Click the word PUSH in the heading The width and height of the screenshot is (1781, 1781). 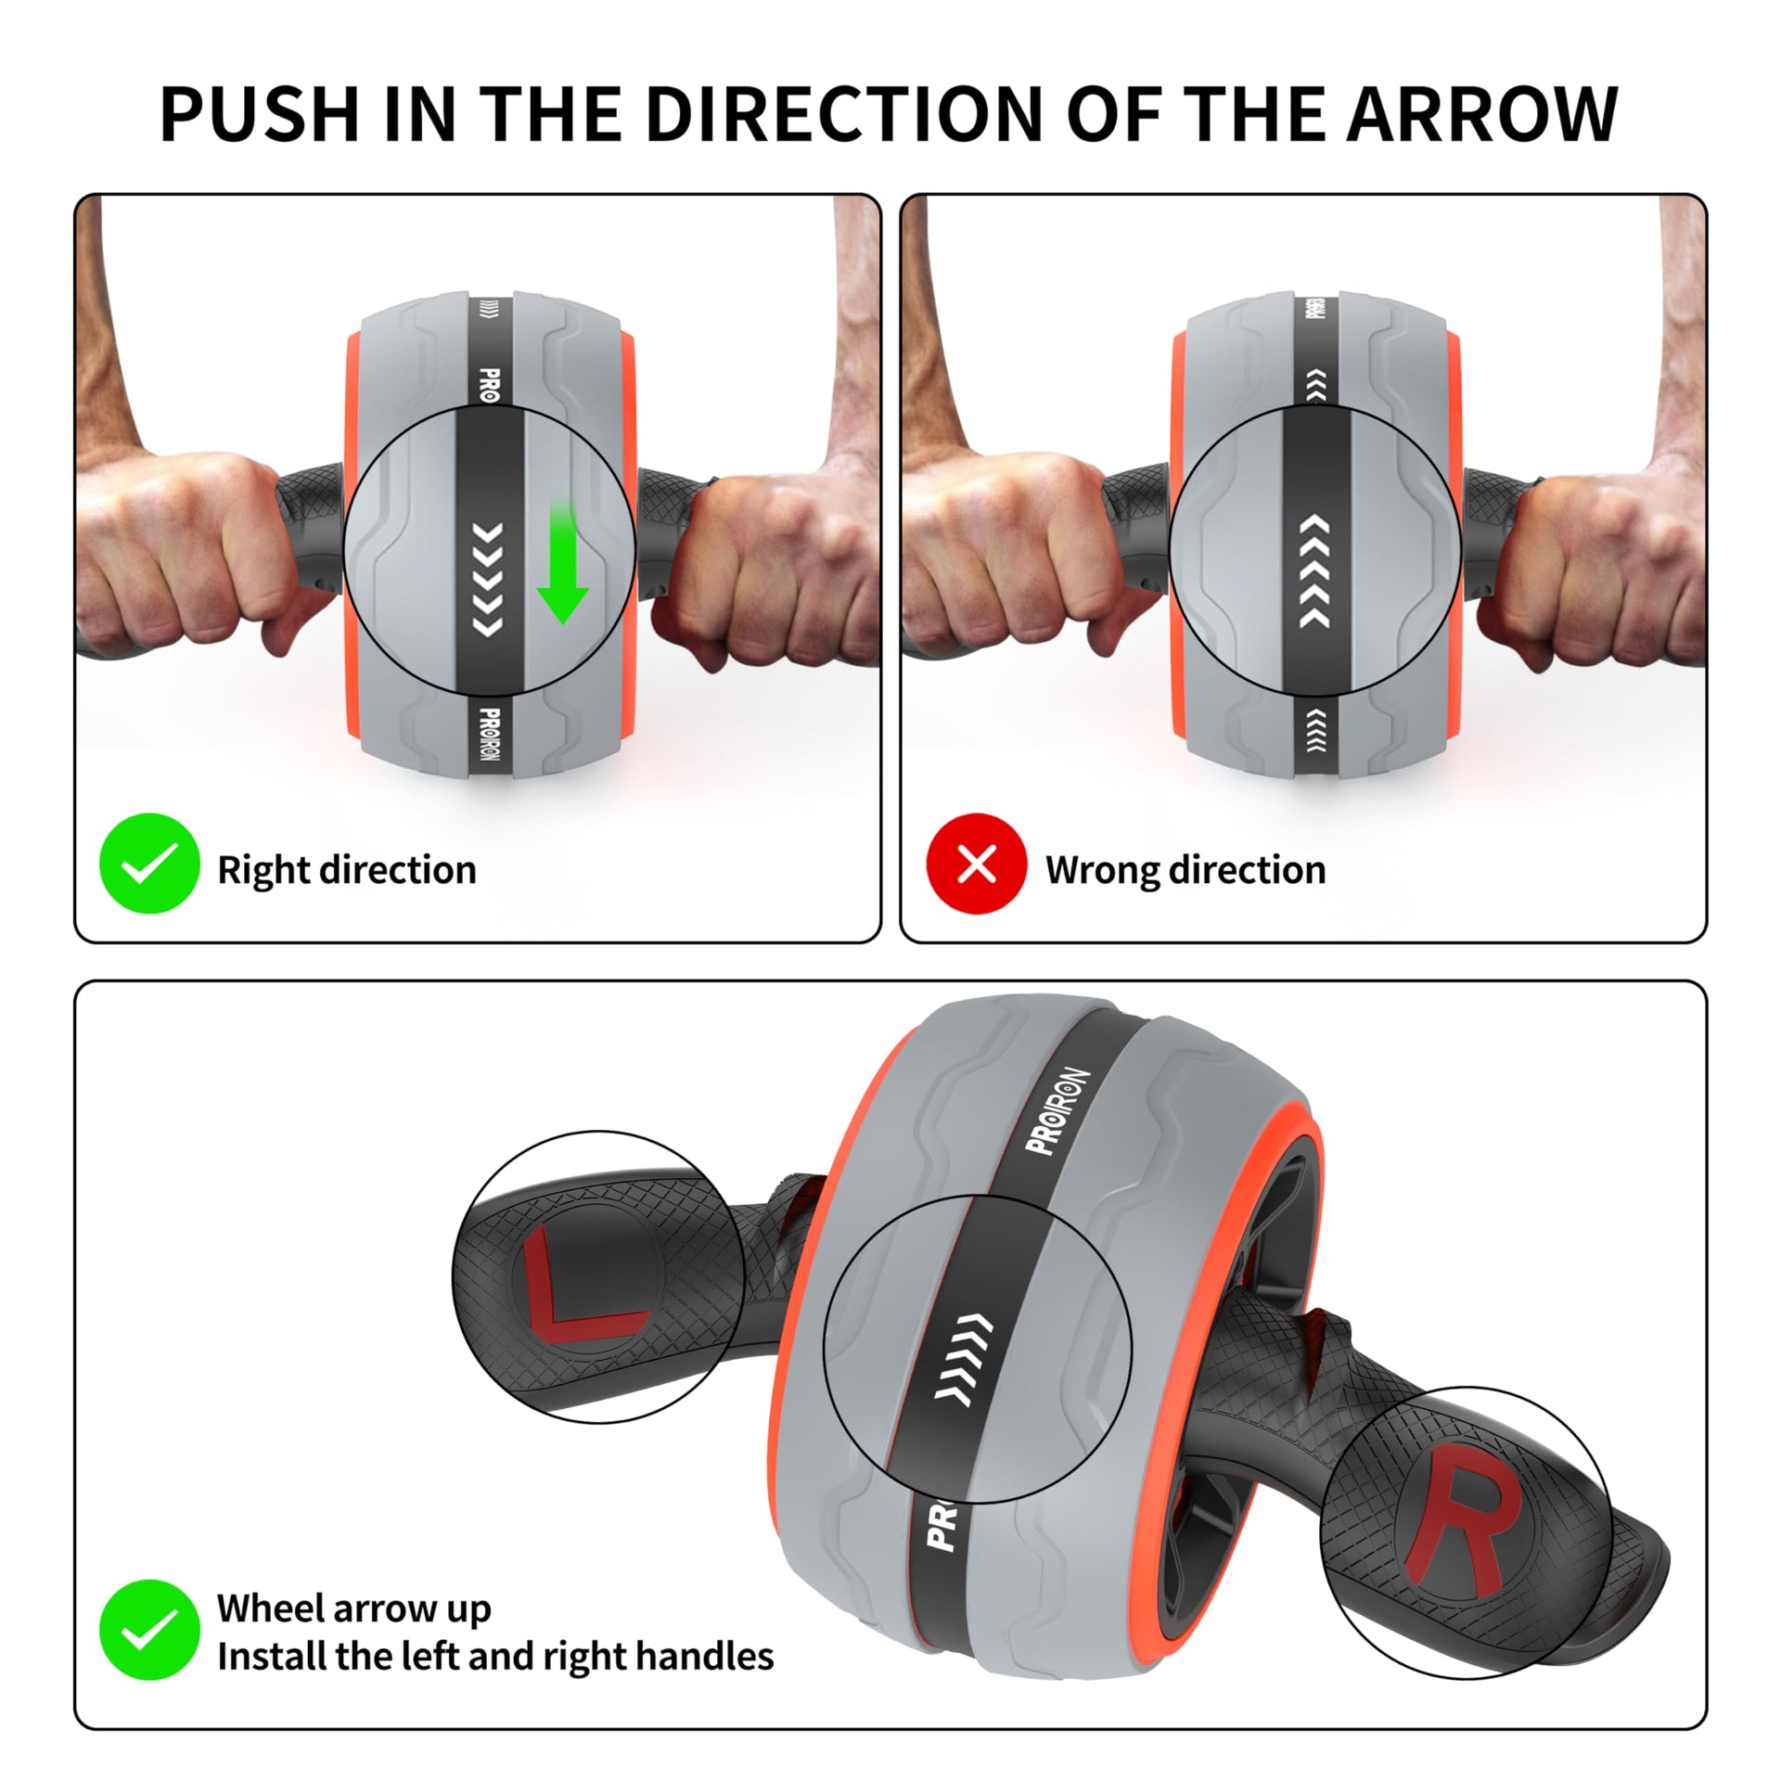click(x=260, y=114)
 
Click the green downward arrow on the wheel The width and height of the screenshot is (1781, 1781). click(x=562, y=561)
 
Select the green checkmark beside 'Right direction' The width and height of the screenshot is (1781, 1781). click(x=149, y=864)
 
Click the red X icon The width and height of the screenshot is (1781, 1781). click(x=977, y=864)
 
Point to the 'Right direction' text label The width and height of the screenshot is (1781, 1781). click(x=347, y=870)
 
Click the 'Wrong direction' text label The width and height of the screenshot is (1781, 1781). click(x=1185, y=870)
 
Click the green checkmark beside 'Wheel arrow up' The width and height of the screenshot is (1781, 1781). click(x=149, y=1630)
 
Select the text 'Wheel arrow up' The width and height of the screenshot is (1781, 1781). click(x=353, y=1608)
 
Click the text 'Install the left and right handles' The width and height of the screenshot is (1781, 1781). click(x=495, y=1657)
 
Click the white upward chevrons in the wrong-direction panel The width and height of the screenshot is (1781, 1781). click(x=1314, y=572)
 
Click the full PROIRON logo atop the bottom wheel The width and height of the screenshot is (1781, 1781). click(x=1057, y=1111)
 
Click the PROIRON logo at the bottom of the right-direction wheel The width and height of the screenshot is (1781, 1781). click(x=491, y=739)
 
